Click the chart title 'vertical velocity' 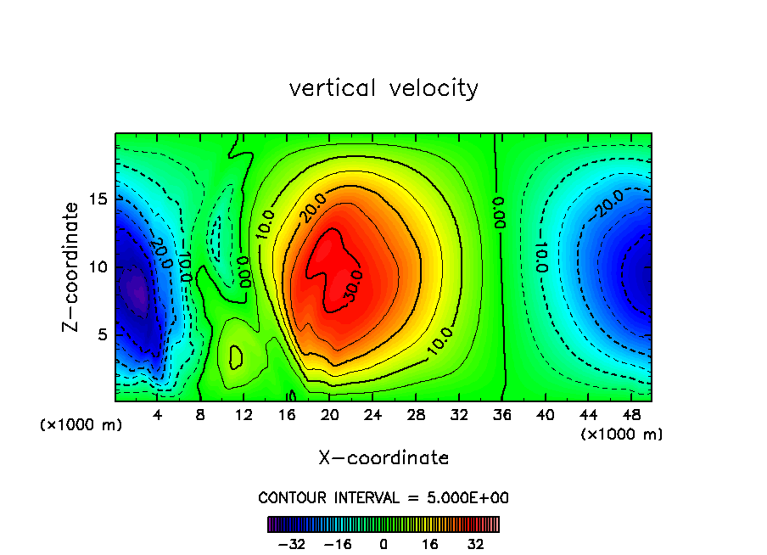pos(383,88)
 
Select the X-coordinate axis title pos(383,458)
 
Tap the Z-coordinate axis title pos(74,266)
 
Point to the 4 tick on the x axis pos(157,416)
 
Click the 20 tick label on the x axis pos(329,416)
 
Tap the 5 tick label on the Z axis pos(99,334)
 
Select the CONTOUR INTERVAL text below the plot pos(383,497)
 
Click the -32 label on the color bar pos(291,544)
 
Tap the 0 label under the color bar pos(383,544)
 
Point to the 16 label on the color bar pos(430,544)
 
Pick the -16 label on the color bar pos(337,544)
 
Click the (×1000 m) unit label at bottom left pos(81,425)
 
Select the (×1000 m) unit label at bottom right pos(622,434)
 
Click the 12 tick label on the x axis pos(244,416)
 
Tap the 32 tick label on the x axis pos(459,416)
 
